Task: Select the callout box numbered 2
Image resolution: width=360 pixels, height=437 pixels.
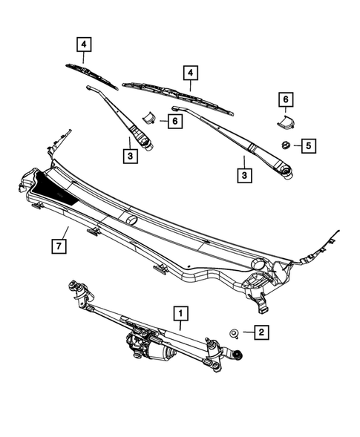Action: point(261,333)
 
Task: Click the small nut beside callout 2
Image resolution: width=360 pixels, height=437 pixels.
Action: point(234,334)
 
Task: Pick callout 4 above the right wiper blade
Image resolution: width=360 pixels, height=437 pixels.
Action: point(190,73)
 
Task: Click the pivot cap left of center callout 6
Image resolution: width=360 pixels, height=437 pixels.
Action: point(148,119)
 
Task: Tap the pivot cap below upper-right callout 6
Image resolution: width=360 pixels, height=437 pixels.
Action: point(283,123)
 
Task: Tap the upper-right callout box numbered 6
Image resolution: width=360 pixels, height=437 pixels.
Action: point(284,99)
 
